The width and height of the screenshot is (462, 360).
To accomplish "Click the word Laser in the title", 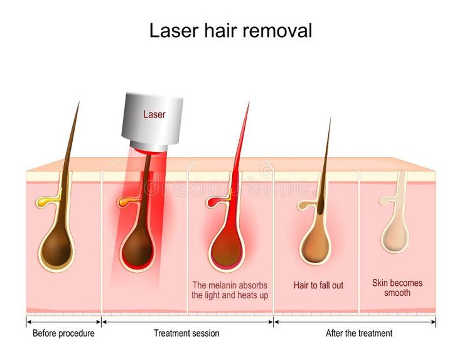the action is (174, 30).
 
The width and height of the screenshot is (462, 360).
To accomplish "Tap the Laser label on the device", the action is (154, 114).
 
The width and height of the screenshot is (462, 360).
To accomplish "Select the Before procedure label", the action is (63, 333).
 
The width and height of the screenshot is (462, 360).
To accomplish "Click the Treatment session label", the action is (186, 333).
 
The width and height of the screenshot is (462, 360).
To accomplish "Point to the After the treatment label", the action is (359, 333).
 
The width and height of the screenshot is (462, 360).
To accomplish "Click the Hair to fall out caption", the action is (318, 285).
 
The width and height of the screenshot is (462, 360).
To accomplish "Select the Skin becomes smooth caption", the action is (397, 288).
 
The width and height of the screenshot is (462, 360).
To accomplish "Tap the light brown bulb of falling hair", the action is (315, 246).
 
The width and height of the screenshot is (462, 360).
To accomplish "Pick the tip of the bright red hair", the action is (249, 102).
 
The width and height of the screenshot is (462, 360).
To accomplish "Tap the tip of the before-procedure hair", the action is (79, 102).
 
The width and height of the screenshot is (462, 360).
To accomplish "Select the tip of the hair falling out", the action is (331, 117).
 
